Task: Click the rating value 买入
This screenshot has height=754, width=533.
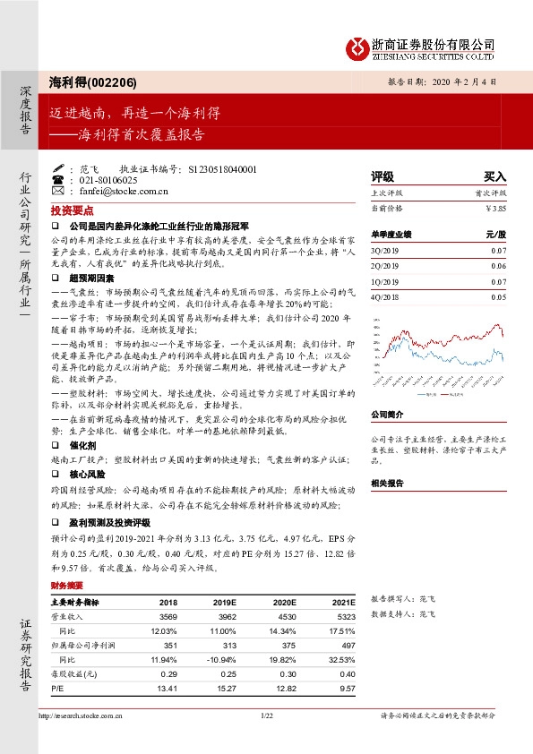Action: click(x=494, y=177)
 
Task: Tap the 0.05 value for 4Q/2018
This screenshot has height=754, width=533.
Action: click(x=498, y=296)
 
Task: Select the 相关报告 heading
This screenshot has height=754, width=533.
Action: click(x=387, y=483)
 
